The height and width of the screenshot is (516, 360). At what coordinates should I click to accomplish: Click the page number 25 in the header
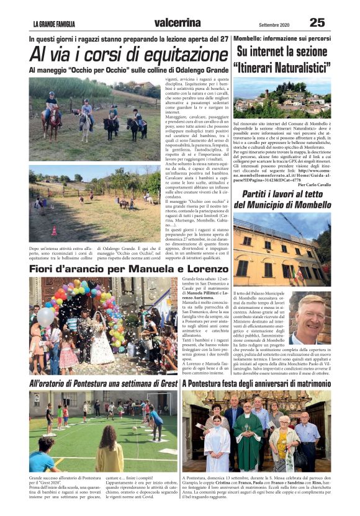click(317, 22)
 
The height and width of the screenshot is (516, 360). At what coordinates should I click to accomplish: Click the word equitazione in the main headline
click(172, 54)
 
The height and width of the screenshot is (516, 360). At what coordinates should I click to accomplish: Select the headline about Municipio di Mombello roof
click(282, 200)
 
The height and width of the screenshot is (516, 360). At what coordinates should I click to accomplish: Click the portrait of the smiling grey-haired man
click(309, 319)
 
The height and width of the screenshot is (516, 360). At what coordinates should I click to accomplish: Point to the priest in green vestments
click(248, 441)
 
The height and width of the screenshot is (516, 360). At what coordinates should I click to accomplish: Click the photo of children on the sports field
click(103, 431)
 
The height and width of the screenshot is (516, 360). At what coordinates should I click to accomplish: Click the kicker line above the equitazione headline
click(128, 38)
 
